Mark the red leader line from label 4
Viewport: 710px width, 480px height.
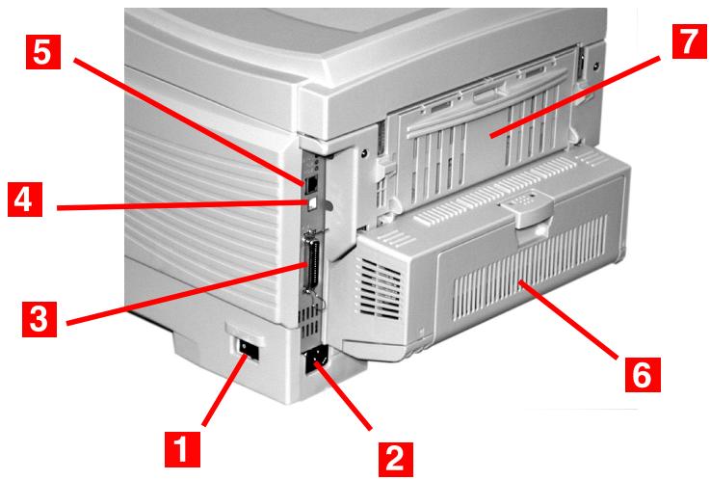click(x=183, y=206)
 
